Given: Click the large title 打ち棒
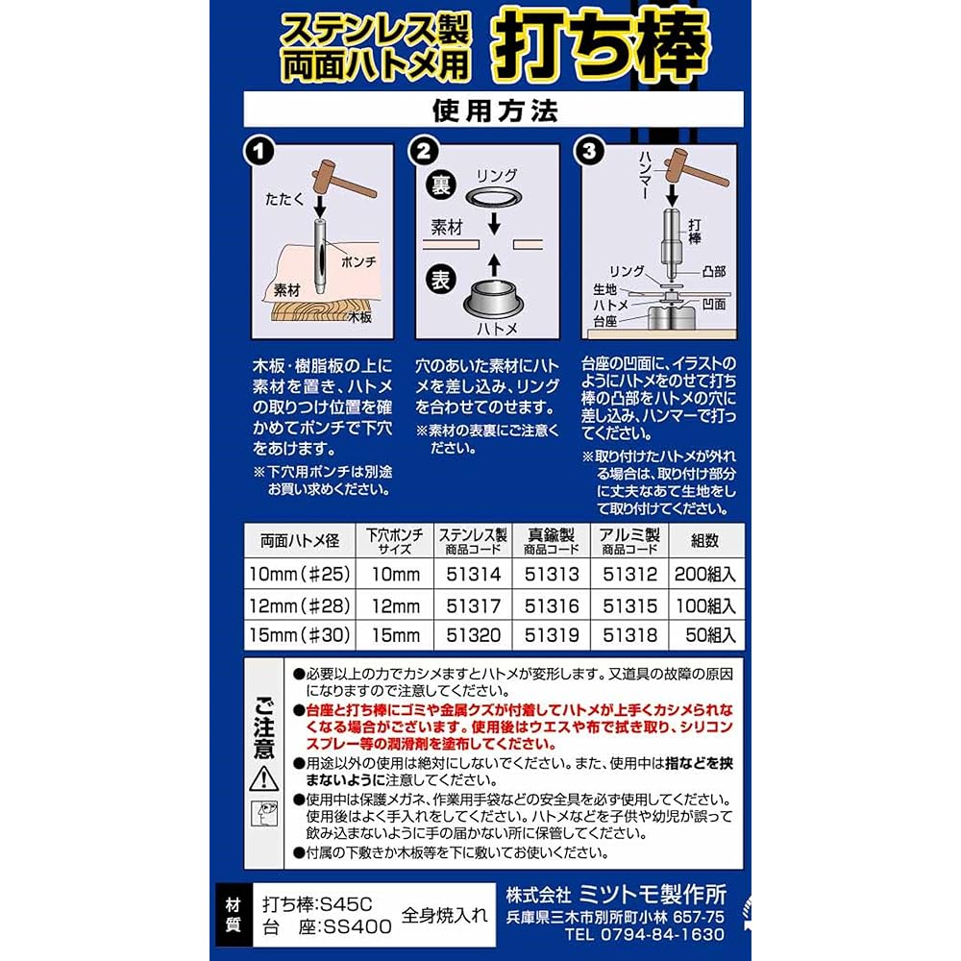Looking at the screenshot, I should pyautogui.click(x=603, y=45).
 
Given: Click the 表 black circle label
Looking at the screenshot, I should pyautogui.click(x=440, y=282).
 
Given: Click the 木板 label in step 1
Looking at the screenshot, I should pyautogui.click(x=359, y=316).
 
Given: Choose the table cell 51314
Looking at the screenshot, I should pyautogui.click(x=471, y=575).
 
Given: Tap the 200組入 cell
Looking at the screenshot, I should pyautogui.click(x=706, y=575).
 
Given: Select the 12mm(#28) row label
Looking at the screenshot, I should pyautogui.click(x=299, y=605).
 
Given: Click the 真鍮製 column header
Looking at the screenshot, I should pyautogui.click(x=551, y=535).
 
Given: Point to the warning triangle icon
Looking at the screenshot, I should pyautogui.click(x=263, y=777).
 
